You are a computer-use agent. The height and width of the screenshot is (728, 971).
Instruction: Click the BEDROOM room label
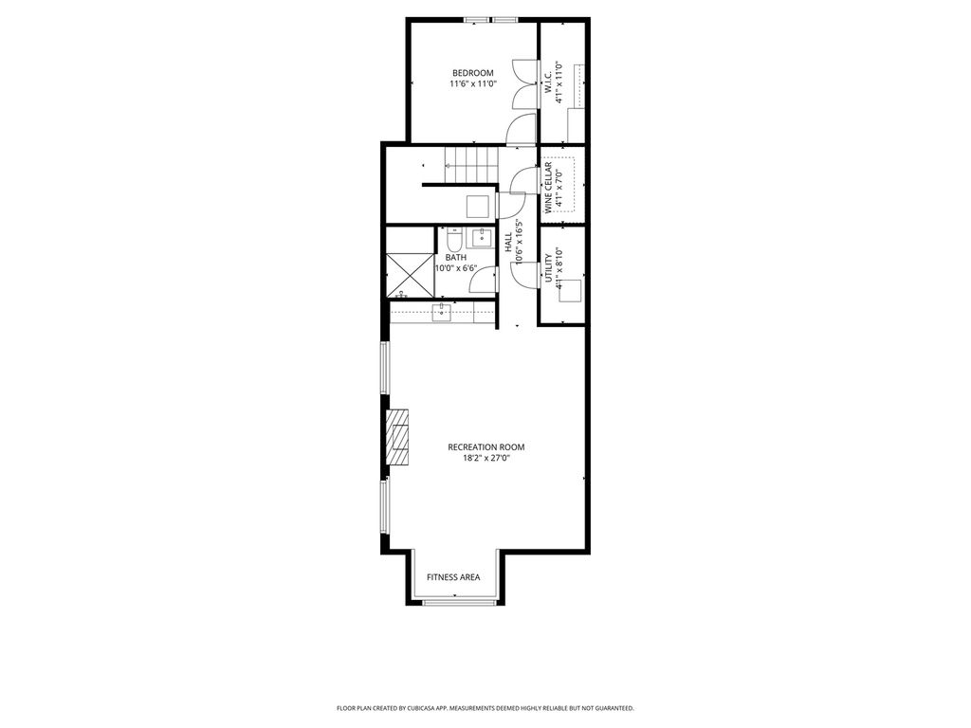(x=472, y=73)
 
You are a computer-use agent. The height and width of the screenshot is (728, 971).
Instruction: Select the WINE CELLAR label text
(x=548, y=189)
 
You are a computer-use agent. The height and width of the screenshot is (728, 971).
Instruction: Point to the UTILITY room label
(x=548, y=268)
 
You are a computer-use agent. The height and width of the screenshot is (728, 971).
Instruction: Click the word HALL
(x=508, y=242)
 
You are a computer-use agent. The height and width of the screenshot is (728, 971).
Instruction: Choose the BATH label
(x=456, y=258)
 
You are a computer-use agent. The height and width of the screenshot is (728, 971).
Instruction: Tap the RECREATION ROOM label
(x=486, y=447)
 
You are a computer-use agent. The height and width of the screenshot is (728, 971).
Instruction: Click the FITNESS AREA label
(x=453, y=577)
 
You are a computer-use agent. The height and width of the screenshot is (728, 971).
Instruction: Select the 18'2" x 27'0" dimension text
(x=486, y=459)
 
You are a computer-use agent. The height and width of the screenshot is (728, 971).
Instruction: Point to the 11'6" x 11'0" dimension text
(x=473, y=84)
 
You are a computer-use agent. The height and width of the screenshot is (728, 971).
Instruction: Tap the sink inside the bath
(x=481, y=237)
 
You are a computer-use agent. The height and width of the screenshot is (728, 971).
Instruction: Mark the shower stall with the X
(x=410, y=275)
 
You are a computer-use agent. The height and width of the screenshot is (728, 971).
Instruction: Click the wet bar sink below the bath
(x=441, y=313)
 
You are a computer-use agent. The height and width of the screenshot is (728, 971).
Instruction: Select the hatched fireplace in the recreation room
(x=397, y=436)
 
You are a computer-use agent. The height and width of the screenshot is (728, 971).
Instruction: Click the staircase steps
(x=472, y=165)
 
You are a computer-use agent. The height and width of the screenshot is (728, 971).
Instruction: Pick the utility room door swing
(x=525, y=274)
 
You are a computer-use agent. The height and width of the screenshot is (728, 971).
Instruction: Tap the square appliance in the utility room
(x=570, y=291)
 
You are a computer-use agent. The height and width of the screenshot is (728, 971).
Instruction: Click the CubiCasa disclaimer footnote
(x=485, y=708)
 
